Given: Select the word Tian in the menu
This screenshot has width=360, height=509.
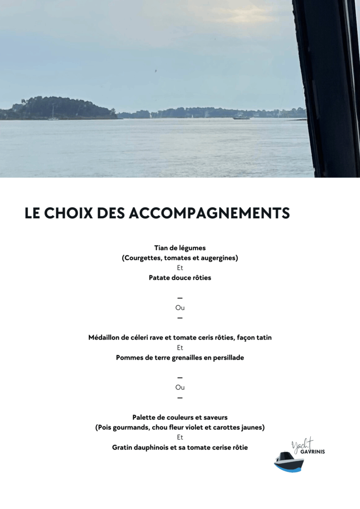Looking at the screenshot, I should (x=162, y=248).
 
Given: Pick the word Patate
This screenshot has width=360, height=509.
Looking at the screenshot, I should (x=160, y=278).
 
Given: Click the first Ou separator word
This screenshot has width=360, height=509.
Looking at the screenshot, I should (x=180, y=308).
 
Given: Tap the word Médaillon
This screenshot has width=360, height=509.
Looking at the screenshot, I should (x=106, y=338).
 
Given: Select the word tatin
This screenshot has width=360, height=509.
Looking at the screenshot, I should (x=262, y=338).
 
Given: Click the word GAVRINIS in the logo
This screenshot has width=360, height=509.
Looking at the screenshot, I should (x=313, y=452).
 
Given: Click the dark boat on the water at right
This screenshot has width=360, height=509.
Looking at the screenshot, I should (x=241, y=117).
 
